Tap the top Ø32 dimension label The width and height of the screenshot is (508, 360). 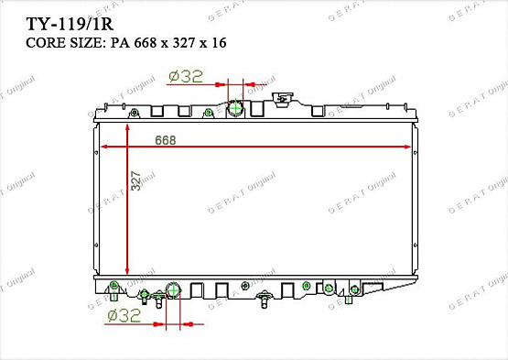pyautogui.click(x=187, y=77)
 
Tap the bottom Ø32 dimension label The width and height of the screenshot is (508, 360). pyautogui.click(x=124, y=316)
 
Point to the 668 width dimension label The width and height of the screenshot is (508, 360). pyautogui.click(x=166, y=140)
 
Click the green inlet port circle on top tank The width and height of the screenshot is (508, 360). pyautogui.click(x=235, y=108)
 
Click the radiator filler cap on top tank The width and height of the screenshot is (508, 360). pyautogui.click(x=286, y=95)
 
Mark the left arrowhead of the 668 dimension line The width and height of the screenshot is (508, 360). pyautogui.click(x=103, y=147)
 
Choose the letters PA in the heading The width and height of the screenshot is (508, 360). pyautogui.click(x=117, y=42)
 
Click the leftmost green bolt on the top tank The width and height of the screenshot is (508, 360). pyautogui.click(x=134, y=114)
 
